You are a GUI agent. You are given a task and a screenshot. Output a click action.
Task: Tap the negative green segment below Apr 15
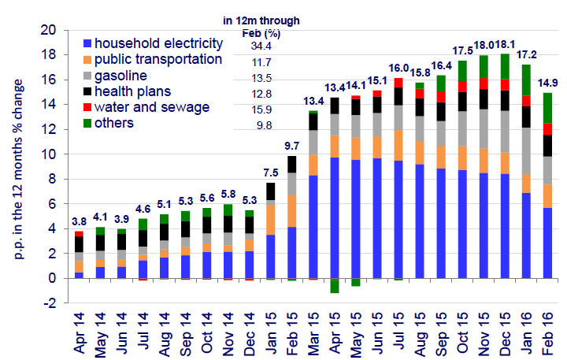click(x=335, y=287)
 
